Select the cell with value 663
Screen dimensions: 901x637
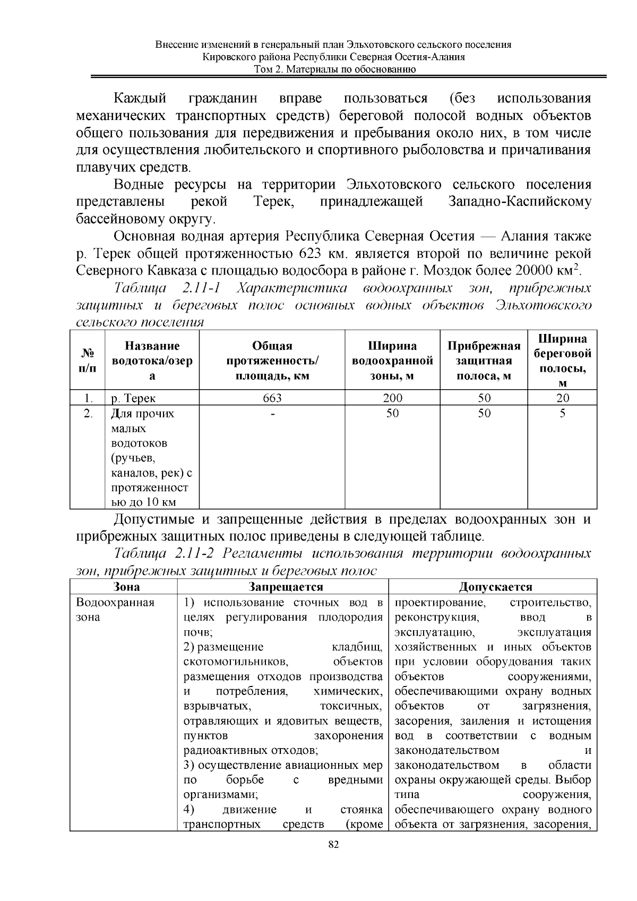point(271,398)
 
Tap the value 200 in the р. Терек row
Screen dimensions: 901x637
point(392,398)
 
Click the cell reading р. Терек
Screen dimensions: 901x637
point(133,398)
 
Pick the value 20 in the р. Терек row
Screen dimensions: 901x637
point(562,398)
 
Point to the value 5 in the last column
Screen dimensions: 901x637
point(562,413)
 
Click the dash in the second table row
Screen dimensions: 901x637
point(272,413)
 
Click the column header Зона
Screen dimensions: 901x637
point(127,587)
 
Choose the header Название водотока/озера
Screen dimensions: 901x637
point(152,361)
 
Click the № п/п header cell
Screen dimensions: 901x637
point(88,361)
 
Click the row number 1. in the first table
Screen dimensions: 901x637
point(88,398)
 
